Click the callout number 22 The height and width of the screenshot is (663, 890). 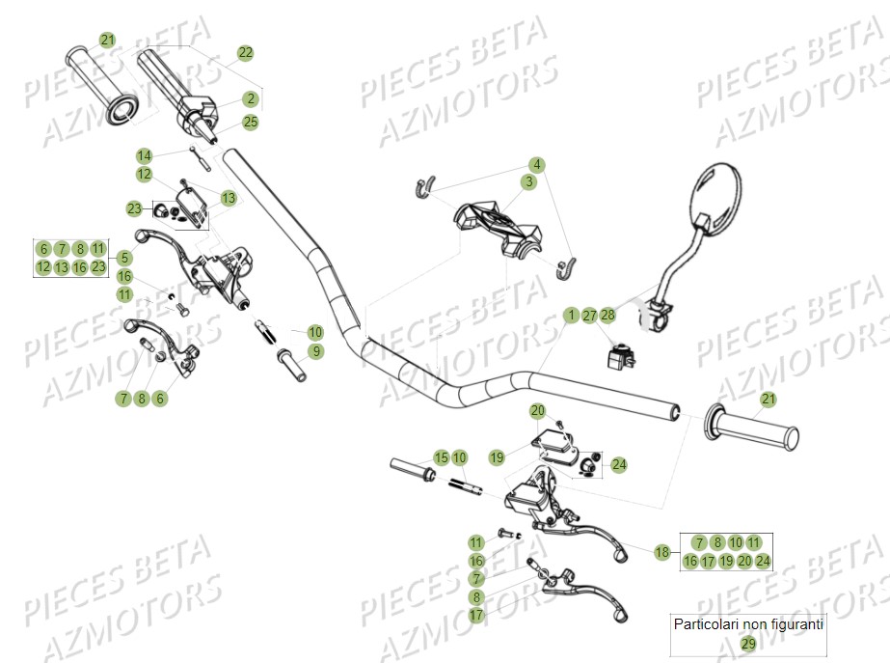[x=245, y=52]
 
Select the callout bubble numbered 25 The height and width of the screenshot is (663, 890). [x=251, y=122]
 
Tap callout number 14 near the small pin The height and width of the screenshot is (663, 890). [x=145, y=155]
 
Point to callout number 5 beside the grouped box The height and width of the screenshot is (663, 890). [x=124, y=258]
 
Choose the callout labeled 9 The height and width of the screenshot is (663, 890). [x=316, y=350]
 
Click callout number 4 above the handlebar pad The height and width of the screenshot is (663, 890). [x=536, y=164]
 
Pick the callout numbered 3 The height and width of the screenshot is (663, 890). [x=529, y=181]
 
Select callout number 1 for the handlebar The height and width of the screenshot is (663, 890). [x=572, y=316]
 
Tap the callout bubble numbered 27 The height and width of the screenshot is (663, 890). [x=589, y=316]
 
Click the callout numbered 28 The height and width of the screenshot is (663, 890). [x=607, y=316]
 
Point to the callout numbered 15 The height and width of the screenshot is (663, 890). [x=441, y=457]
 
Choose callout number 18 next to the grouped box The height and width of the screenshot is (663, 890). [x=661, y=552]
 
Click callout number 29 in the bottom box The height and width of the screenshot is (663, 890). [x=748, y=644]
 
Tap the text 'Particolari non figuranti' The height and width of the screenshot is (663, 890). [x=748, y=624]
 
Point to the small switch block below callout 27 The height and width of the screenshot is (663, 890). [x=616, y=356]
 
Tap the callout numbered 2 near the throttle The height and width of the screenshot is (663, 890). [x=251, y=98]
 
